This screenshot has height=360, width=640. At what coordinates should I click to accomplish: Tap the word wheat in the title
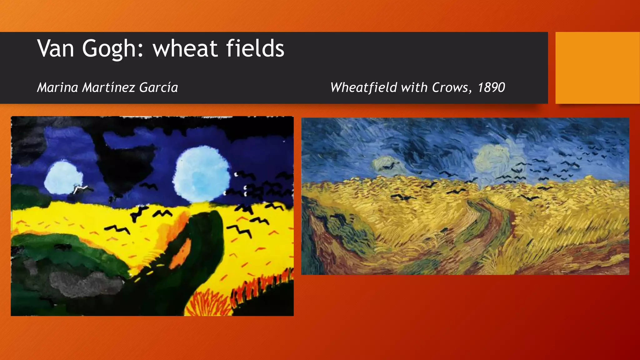pyautogui.click(x=185, y=49)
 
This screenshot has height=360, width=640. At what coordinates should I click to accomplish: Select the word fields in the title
pyautogui.click(x=255, y=49)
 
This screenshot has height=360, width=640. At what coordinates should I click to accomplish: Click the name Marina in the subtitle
pyautogui.click(x=57, y=87)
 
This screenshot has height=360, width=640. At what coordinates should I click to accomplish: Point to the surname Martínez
pyautogui.click(x=108, y=87)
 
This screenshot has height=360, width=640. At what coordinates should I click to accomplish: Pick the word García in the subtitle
pyautogui.click(x=158, y=87)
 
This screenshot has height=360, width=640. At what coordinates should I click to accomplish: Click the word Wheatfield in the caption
pyautogui.click(x=363, y=87)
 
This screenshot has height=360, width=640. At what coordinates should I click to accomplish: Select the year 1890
pyautogui.click(x=491, y=87)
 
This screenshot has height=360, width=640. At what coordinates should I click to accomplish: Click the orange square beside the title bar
pyautogui.click(x=597, y=67)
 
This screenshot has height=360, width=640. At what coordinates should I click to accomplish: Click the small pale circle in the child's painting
pyautogui.click(x=63, y=177)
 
